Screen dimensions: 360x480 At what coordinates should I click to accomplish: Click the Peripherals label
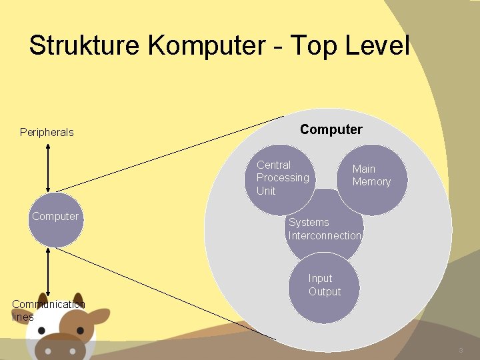[47, 132]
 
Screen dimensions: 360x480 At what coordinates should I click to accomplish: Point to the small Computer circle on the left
[56, 220]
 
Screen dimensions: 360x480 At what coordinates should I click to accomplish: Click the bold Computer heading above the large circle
[331, 129]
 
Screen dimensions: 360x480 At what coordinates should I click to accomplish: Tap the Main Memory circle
[372, 179]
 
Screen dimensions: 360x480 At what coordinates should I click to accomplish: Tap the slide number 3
[460, 351]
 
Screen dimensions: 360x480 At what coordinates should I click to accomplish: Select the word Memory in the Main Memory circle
[371, 182]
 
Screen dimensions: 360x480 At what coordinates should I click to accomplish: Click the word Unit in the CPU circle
[266, 191]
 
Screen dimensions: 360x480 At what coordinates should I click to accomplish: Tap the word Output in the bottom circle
[325, 292]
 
